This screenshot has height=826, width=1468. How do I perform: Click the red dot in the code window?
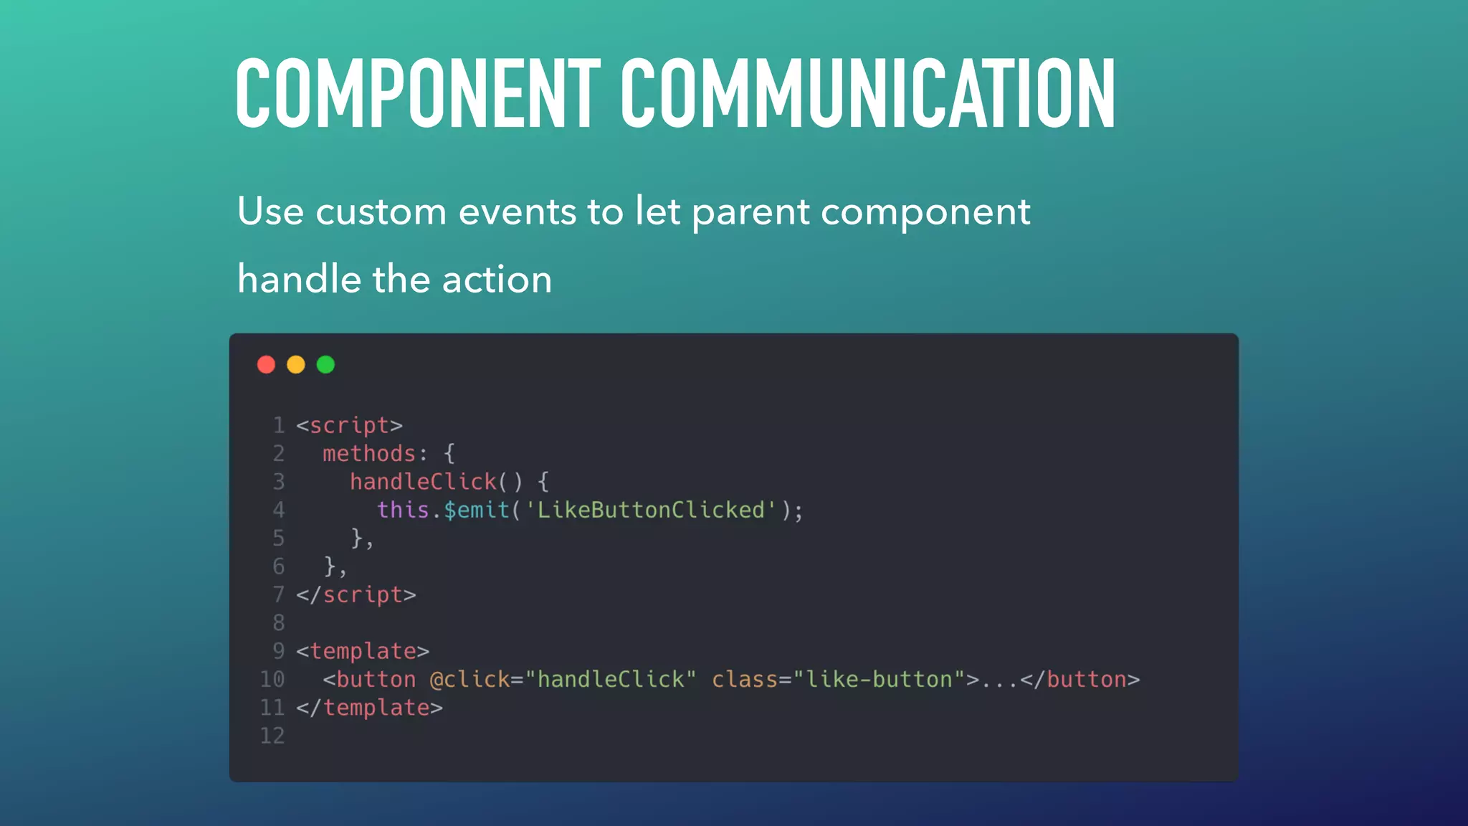click(266, 365)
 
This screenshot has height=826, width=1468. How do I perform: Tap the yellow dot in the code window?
click(296, 365)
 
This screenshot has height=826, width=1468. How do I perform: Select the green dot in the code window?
click(326, 365)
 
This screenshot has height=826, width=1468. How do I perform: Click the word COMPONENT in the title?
click(418, 94)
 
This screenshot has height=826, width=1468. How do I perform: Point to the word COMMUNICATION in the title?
click(868, 94)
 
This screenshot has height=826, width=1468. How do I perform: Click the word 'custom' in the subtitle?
click(381, 212)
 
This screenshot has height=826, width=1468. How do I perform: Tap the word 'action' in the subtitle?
click(497, 280)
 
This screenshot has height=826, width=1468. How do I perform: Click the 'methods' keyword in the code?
click(369, 454)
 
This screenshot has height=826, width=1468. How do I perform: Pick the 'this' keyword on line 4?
click(403, 510)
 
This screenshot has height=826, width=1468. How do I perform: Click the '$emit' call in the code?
click(477, 511)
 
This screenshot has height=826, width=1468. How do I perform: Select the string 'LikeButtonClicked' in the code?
click(651, 510)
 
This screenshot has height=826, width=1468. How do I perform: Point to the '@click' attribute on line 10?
click(470, 679)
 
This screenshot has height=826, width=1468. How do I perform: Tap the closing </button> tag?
click(1079, 679)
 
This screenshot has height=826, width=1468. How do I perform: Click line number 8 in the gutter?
click(279, 623)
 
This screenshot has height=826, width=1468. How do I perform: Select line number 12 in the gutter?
click(272, 736)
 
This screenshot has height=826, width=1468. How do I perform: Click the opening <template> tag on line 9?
click(363, 651)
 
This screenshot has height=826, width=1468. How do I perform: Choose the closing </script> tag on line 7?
click(356, 595)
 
